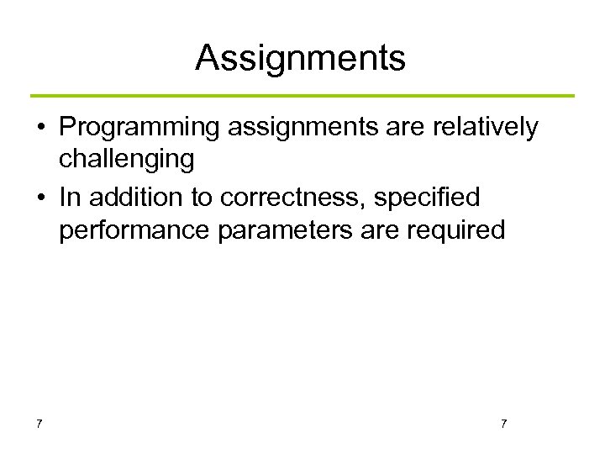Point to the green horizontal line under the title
[x=302, y=96]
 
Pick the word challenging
[x=126, y=158]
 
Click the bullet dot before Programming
[x=39, y=129]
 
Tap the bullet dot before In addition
[x=39, y=199]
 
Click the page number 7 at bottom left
[x=39, y=423]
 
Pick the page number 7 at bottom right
[x=503, y=423]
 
